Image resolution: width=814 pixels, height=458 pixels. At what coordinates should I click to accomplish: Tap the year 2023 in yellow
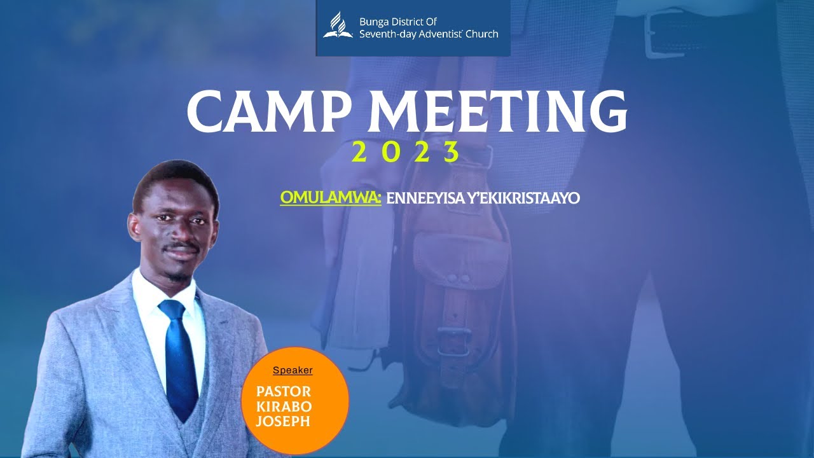405,153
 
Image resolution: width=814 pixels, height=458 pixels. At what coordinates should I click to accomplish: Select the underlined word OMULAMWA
330,198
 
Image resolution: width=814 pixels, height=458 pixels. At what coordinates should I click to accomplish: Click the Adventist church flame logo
338,25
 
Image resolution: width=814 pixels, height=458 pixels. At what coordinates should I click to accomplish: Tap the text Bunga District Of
398,22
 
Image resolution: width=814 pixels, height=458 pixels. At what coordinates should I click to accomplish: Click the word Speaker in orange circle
293,370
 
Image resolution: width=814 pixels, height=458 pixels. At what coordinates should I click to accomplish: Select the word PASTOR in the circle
284,391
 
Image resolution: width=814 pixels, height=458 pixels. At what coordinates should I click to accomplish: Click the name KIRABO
284,406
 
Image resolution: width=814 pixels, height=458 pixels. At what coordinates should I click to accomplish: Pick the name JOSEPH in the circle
283,421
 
